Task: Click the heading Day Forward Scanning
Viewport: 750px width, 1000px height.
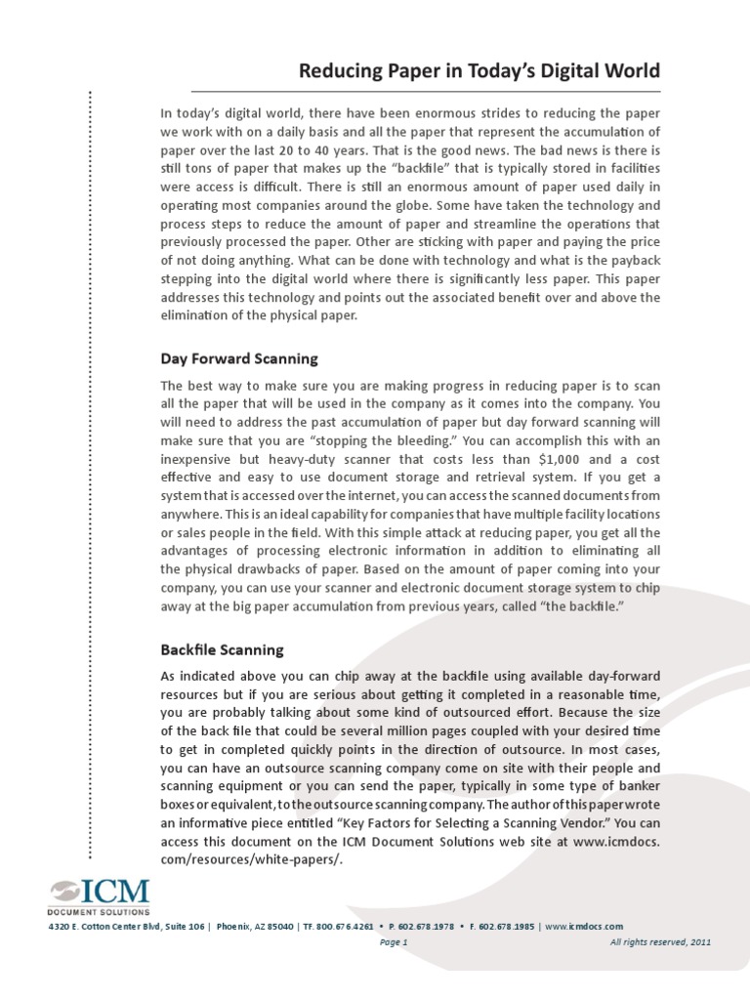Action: point(239,358)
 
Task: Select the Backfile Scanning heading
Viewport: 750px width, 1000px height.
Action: point(222,648)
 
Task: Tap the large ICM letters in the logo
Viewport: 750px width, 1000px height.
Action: point(114,892)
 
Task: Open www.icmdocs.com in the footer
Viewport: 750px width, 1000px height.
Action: point(584,926)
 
